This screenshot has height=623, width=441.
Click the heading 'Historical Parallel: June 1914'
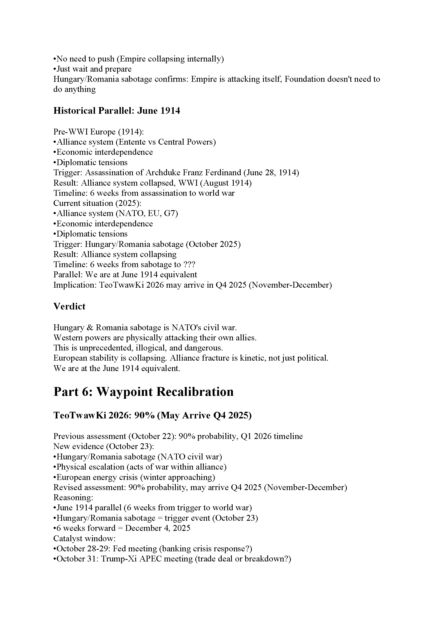[x=117, y=111]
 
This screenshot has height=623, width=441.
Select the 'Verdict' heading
[x=69, y=306]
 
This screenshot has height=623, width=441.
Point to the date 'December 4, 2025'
[x=158, y=528]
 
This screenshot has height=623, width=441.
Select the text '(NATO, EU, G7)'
[x=147, y=213]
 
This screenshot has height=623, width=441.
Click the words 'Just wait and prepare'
[x=94, y=69]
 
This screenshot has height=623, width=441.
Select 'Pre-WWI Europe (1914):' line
[x=98, y=132]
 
